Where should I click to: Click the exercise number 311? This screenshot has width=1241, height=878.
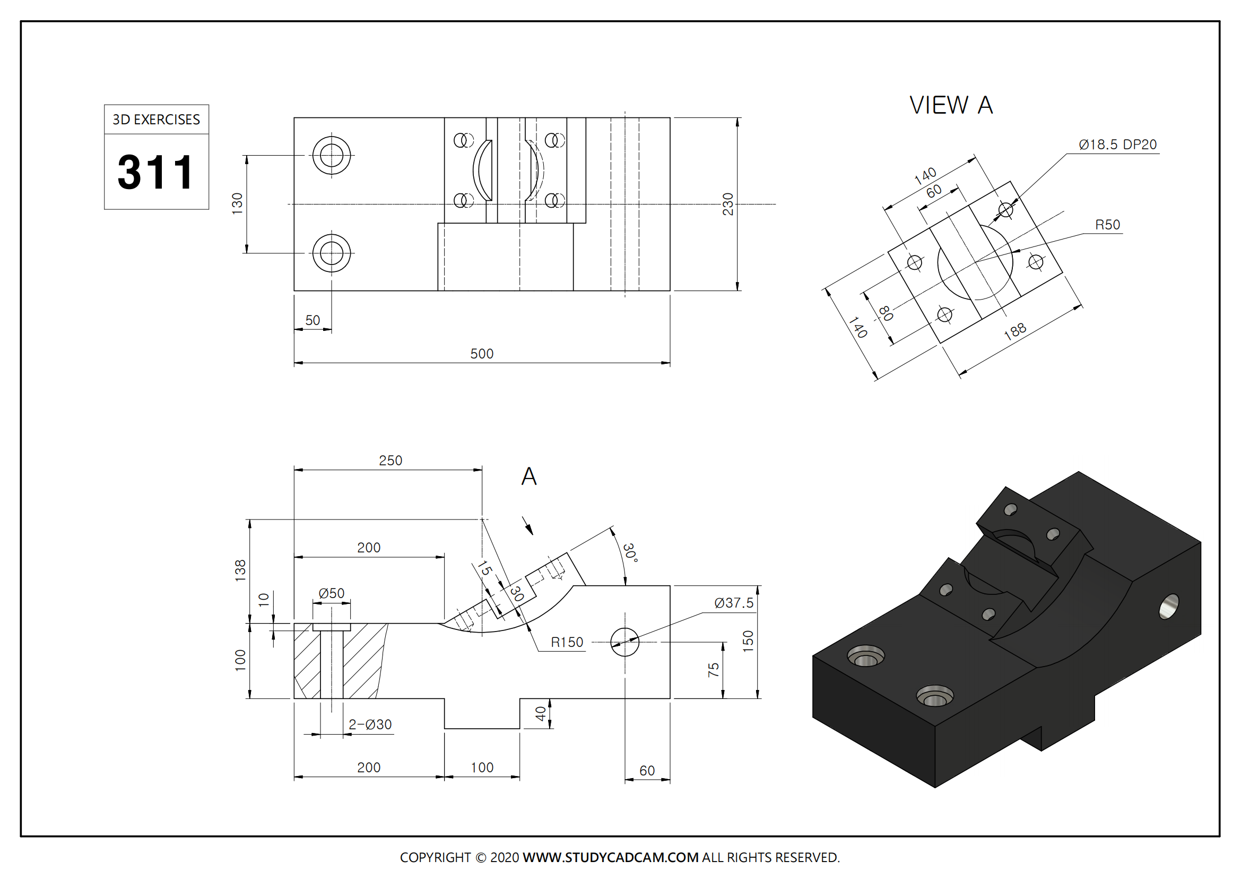pyautogui.click(x=155, y=172)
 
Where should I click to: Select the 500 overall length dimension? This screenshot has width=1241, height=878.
pyautogui.click(x=482, y=354)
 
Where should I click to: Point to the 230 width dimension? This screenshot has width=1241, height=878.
pyautogui.click(x=728, y=204)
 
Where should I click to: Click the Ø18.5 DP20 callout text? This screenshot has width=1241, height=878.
pyautogui.click(x=1117, y=145)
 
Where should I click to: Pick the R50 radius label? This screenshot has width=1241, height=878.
pyautogui.click(x=1107, y=225)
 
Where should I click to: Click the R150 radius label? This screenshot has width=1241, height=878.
pyautogui.click(x=567, y=642)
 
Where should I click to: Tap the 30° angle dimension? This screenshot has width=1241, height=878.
pyautogui.click(x=630, y=552)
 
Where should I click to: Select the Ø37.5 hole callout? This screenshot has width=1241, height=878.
pyautogui.click(x=733, y=603)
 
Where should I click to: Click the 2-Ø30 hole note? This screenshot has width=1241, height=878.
pyautogui.click(x=370, y=724)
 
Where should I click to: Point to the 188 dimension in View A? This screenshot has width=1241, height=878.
pyautogui.click(x=1014, y=331)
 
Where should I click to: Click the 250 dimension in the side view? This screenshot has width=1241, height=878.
pyautogui.click(x=390, y=461)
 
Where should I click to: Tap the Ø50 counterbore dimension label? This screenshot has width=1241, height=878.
pyautogui.click(x=331, y=593)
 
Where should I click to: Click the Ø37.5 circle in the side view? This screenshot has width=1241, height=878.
pyautogui.click(x=625, y=642)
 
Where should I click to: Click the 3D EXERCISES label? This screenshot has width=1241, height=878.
pyautogui.click(x=156, y=120)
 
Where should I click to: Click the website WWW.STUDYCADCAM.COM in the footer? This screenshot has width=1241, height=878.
pyautogui.click(x=610, y=857)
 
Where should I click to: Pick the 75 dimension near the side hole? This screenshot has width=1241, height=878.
pyautogui.click(x=714, y=670)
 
